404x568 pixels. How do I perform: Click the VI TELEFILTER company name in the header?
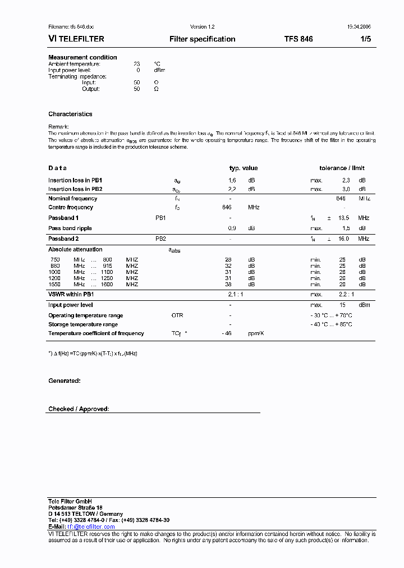pos(76,39)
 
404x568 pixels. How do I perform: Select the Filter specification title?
pos(202,39)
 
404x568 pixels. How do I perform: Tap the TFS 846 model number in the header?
pos(299,39)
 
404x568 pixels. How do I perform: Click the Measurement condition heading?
pos(82,57)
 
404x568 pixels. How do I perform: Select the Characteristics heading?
pos(70,114)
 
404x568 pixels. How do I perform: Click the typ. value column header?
pos(244,168)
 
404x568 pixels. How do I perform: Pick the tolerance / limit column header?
pos(342,168)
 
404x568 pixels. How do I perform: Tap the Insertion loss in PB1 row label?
pos(75,180)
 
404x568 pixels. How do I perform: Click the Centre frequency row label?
pos(71,207)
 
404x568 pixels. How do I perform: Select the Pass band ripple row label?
pos(70,228)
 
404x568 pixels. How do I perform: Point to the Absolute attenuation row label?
pos(75,249)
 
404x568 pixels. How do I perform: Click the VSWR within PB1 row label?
pos(71,294)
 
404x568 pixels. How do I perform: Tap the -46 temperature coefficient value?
pos(227,333)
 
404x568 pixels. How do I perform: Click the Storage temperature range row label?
pos(83,324)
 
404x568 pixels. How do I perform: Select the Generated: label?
pos(64,381)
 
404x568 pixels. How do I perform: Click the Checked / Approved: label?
pos(79,409)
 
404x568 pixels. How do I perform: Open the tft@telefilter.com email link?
pos(91,526)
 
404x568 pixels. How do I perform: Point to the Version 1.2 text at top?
pos(202,27)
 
